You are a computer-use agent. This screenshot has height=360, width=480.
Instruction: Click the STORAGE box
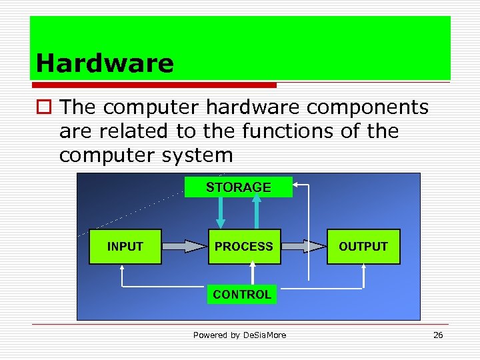[239, 187]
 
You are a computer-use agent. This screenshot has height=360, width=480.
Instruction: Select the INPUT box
[125, 247]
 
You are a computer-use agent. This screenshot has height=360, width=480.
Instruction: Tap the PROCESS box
[244, 247]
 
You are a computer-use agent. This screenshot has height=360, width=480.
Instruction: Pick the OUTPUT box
[363, 247]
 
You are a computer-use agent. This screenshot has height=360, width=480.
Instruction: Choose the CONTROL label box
[242, 294]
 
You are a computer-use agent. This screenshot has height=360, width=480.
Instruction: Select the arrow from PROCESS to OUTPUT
[304, 247]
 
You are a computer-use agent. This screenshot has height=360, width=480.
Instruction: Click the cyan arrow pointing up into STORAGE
[256, 212]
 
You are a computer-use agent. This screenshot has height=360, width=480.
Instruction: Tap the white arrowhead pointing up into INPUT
[122, 269]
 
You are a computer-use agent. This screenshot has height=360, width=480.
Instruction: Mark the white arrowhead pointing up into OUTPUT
[363, 269]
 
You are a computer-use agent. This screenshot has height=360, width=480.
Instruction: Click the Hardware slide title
[105, 63]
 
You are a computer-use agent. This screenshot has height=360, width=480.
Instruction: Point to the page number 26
[438, 335]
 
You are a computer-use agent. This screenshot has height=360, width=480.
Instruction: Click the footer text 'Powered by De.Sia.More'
[239, 335]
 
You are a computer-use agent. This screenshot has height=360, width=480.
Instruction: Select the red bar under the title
[153, 85]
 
